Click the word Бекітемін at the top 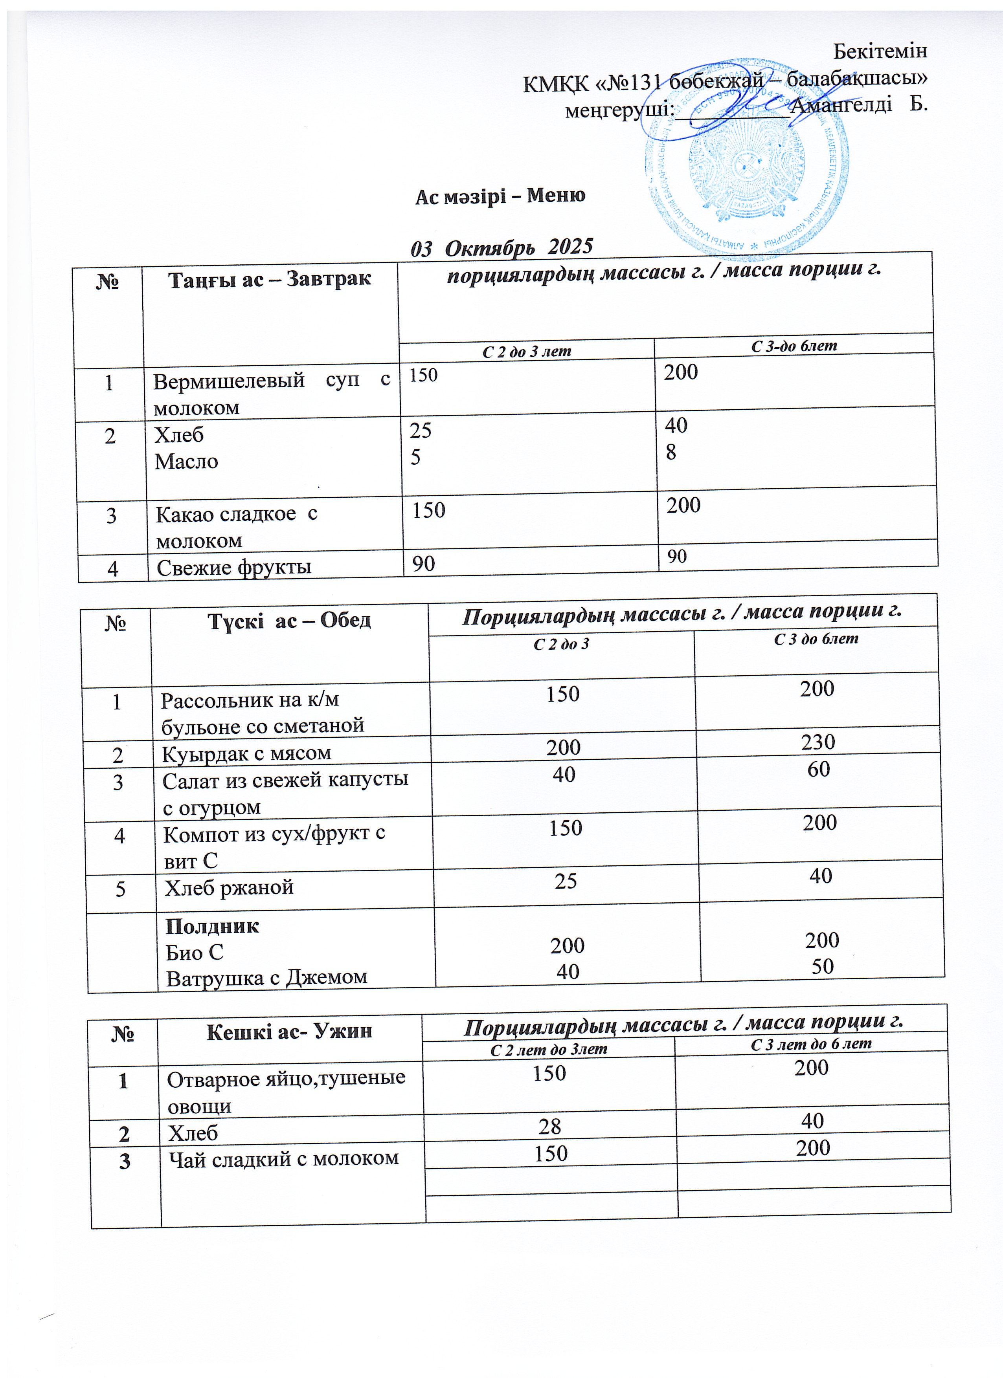point(880,51)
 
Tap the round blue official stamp point(746,164)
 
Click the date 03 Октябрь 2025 point(501,247)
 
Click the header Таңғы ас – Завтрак point(269,279)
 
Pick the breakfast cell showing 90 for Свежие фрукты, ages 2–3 point(424,563)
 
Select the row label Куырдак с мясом point(246,753)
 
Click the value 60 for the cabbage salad point(818,769)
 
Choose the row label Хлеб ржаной point(229,888)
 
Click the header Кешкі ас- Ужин point(289,1032)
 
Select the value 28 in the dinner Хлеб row point(549,1127)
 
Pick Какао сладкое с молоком point(237,527)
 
